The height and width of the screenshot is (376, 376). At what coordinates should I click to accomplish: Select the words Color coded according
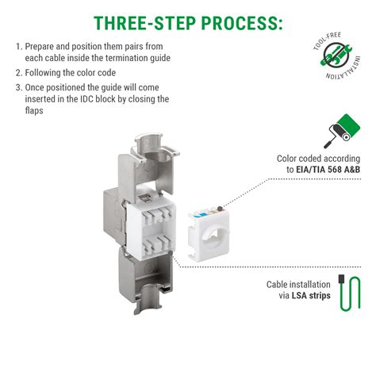(x=324, y=158)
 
